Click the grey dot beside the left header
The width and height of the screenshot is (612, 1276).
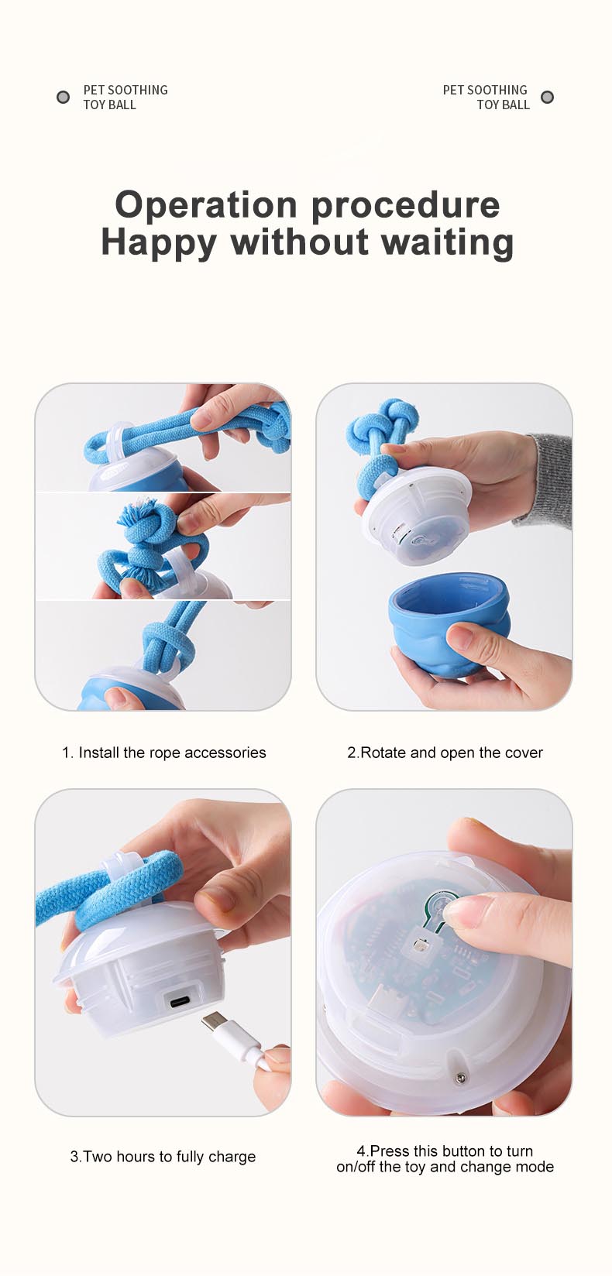pyautogui.click(x=64, y=97)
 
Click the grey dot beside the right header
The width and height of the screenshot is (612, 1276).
pyautogui.click(x=547, y=97)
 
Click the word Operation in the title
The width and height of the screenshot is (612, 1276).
pyautogui.click(x=206, y=205)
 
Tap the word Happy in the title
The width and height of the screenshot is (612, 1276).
pyautogui.click(x=159, y=242)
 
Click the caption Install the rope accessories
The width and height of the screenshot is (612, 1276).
pyautogui.click(x=164, y=753)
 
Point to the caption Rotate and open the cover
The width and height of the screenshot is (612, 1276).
pyautogui.click(x=445, y=753)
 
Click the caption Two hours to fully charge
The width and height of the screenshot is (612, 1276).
pyautogui.click(x=163, y=1157)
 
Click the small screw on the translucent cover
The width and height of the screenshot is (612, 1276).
pyautogui.click(x=460, y=1078)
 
